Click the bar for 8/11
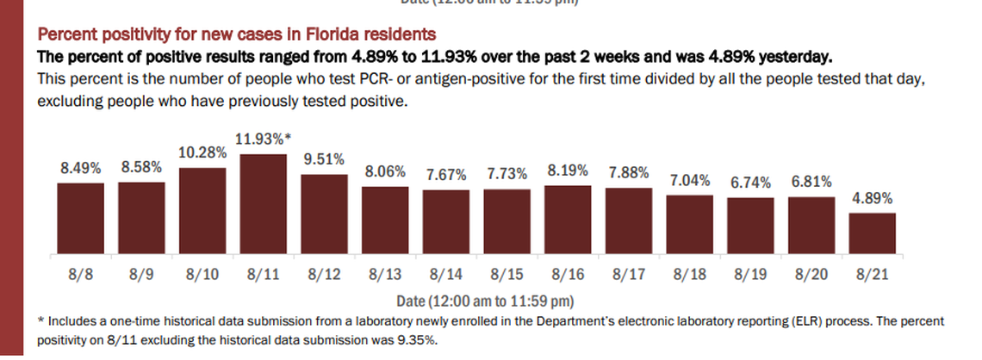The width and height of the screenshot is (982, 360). pos(263,204)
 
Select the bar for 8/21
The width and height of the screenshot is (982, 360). pos(872,233)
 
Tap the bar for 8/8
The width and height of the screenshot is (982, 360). pos(80,219)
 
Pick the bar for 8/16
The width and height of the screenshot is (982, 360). pos(568,220)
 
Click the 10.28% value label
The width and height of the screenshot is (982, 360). pos(202,152)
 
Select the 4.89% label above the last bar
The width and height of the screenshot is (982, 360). pos(872,198)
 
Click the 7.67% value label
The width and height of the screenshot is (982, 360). pos(446,175)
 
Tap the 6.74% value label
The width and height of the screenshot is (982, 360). pos(750,183)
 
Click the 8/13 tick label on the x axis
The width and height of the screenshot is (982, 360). pos(385,276)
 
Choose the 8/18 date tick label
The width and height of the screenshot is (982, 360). pos(690,276)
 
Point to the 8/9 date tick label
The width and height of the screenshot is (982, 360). pos(141,276)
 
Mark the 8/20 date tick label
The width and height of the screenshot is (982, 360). pos(811,276)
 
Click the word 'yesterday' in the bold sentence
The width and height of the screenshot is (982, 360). pos(797,58)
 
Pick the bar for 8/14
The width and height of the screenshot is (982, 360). pos(446,222)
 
